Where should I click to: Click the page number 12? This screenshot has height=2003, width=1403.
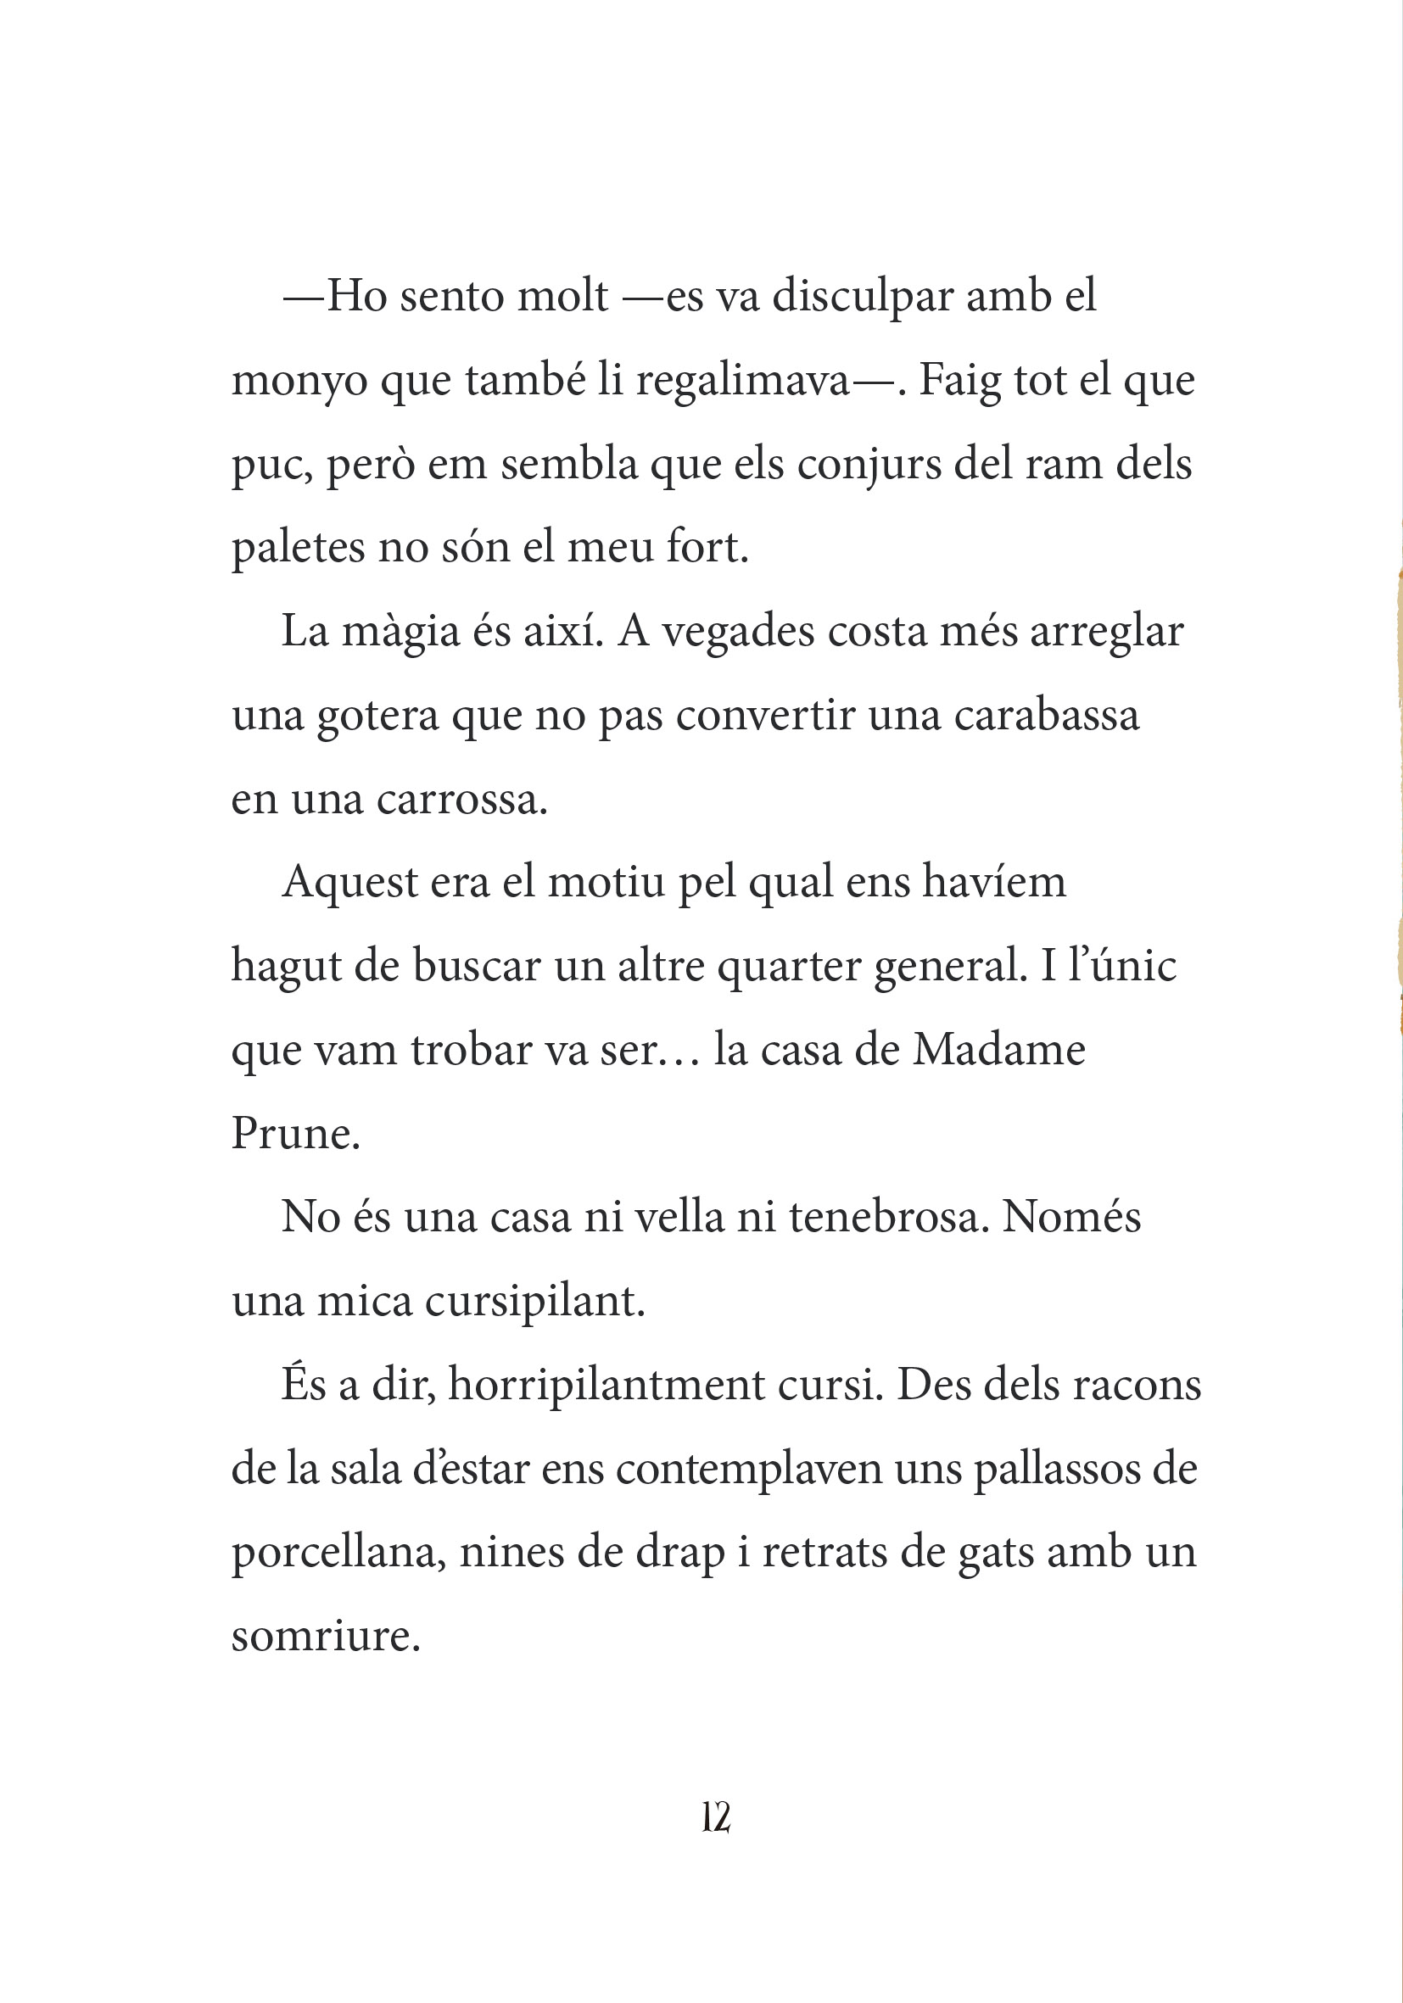coord(715,1818)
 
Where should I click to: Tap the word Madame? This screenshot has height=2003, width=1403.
coord(998,1050)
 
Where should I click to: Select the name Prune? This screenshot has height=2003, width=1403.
coord(295,1133)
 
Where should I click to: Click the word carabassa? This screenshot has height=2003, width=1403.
coord(1046,716)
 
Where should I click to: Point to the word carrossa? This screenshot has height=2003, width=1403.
coord(461,799)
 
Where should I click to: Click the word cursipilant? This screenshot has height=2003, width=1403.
coord(534,1302)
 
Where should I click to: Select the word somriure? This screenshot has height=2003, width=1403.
coord(326,1636)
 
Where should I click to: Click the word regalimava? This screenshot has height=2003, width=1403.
coord(742,381)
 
